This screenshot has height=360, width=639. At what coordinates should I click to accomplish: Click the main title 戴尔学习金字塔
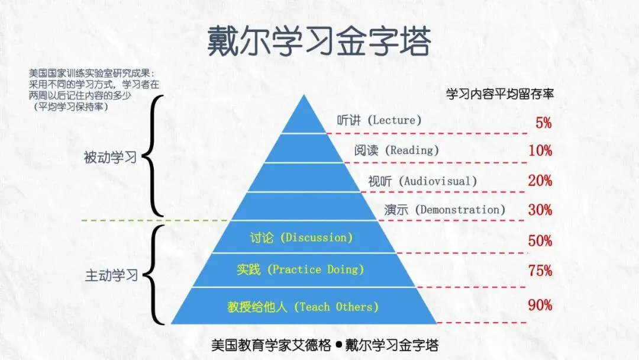pyautogui.click(x=319, y=40)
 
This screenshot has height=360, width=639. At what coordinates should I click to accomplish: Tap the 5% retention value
pyautogui.click(x=543, y=123)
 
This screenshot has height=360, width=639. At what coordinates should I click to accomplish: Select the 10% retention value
pyautogui.click(x=540, y=151)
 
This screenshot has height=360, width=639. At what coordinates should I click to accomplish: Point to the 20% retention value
pyautogui.click(x=540, y=181)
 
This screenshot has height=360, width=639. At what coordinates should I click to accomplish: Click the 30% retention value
pyautogui.click(x=540, y=210)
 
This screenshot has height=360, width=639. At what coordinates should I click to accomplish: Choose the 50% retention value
pyautogui.click(x=540, y=241)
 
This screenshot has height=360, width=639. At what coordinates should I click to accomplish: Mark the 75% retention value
pyautogui.click(x=540, y=271)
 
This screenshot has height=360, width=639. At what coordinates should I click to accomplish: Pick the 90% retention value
pyautogui.click(x=540, y=305)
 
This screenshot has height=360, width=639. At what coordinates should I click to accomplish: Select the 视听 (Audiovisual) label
pyautogui.click(x=422, y=181)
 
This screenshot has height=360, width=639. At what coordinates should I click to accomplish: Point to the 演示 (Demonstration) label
pyautogui.click(x=444, y=210)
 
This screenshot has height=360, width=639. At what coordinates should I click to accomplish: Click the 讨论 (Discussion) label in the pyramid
pyautogui.click(x=301, y=238)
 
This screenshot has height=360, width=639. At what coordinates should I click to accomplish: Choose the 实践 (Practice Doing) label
pyautogui.click(x=300, y=270)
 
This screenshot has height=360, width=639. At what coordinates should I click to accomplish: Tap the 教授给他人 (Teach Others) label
pyautogui.click(x=302, y=307)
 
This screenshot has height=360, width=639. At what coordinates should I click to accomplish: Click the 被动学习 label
pyautogui.click(x=110, y=157)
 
